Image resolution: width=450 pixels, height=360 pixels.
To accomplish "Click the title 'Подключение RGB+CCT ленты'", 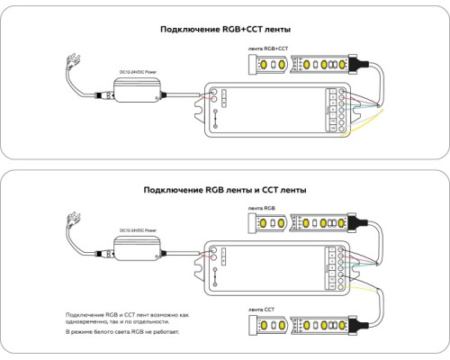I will tap(225, 30).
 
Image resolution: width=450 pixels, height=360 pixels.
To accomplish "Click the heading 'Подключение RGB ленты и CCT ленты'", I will tap(225, 191).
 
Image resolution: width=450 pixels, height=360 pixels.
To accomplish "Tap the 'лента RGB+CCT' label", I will tap(267, 48).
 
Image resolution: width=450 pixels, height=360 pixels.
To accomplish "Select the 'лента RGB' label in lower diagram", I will tap(263, 207).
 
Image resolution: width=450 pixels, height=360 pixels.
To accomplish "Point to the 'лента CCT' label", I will tap(263, 308).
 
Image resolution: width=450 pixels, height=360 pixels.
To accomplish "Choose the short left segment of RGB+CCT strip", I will tap(268, 66).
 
